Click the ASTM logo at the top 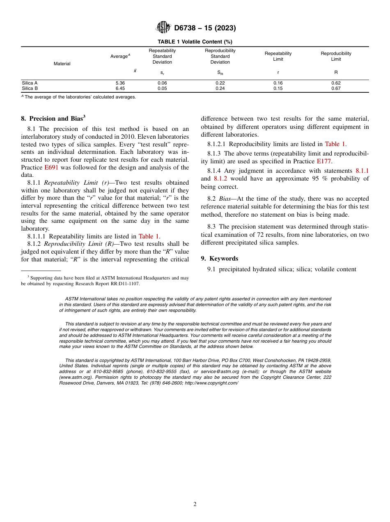163,27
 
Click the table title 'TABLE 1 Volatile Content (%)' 195,42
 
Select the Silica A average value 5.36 120,83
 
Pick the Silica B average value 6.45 120,88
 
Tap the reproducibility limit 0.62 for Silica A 336,83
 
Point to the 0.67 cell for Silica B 336,88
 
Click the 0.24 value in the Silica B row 220,88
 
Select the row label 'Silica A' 30,83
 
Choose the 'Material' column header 62,64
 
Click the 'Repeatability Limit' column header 278,56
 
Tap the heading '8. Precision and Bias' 53,119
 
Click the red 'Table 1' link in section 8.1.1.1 149,236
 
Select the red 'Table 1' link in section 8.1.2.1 335,144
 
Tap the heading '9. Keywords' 219,259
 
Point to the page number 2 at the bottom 195,504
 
